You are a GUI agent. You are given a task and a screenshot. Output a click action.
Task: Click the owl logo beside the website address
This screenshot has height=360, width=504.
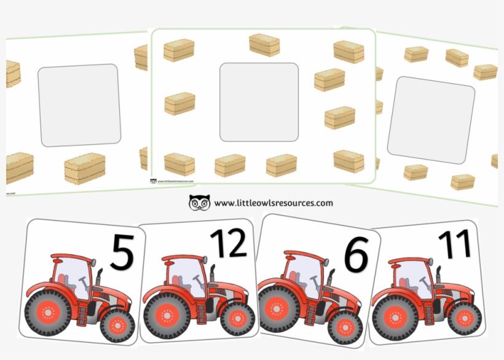pyautogui.click(x=199, y=203)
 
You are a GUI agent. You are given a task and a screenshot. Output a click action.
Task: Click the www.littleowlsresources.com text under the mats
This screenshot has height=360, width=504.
pyautogui.click(x=274, y=203)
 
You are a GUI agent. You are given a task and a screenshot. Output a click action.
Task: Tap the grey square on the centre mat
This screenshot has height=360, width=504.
pyautogui.click(x=259, y=102)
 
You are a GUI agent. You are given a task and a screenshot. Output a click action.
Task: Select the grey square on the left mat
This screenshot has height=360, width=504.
pyautogui.click(x=78, y=105)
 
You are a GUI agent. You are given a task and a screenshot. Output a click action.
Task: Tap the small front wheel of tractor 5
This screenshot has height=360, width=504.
pyautogui.click(x=117, y=323)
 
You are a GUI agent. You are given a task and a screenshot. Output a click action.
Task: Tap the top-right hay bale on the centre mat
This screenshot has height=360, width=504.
pyautogui.click(x=348, y=52)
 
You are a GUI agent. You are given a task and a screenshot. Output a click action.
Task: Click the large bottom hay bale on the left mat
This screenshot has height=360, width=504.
pyautogui.click(x=84, y=169)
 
